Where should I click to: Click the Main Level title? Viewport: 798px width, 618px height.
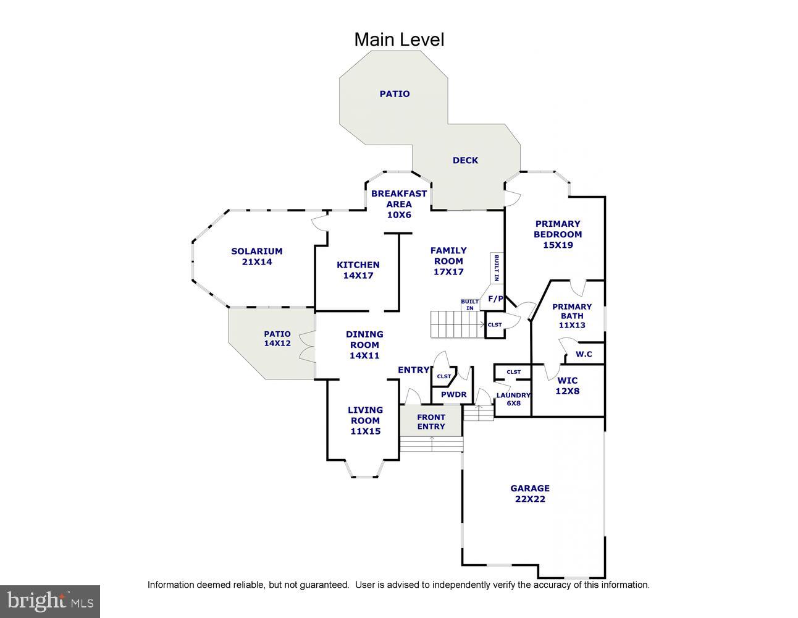click(x=399, y=40)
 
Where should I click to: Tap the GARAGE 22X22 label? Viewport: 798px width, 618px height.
click(x=530, y=493)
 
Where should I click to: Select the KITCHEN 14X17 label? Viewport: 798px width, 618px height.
click(x=358, y=270)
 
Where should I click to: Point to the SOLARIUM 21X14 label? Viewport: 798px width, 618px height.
click(x=257, y=256)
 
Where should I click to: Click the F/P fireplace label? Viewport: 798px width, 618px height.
click(x=495, y=298)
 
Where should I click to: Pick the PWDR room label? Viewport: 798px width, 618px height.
click(x=453, y=395)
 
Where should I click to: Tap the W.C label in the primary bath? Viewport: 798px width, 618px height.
click(x=584, y=354)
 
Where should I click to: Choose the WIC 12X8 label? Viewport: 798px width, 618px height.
click(x=568, y=386)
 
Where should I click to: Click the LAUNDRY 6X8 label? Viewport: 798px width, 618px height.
click(x=513, y=399)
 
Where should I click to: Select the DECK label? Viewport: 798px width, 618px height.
click(x=465, y=160)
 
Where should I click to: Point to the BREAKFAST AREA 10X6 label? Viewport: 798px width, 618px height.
click(x=399, y=204)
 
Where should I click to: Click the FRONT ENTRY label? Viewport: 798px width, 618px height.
click(x=431, y=422)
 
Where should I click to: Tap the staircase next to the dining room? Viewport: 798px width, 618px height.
click(x=458, y=324)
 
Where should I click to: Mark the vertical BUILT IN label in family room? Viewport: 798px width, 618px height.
click(x=497, y=268)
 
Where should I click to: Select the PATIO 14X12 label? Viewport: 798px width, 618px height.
click(x=277, y=339)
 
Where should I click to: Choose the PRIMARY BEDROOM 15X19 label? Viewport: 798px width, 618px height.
click(x=558, y=234)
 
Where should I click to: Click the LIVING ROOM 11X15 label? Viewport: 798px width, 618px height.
click(x=365, y=420)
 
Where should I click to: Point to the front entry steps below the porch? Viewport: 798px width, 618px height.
click(x=431, y=444)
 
